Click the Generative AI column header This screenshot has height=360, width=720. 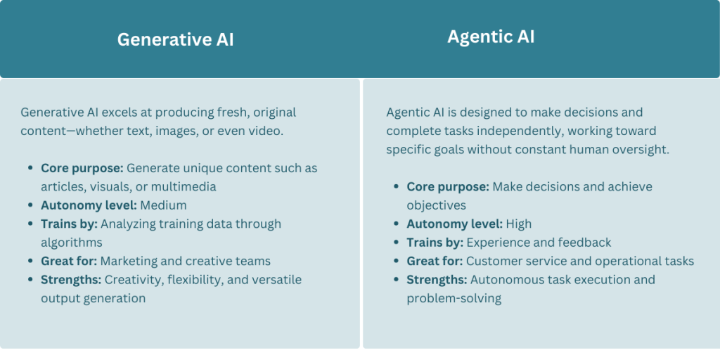click(x=175, y=40)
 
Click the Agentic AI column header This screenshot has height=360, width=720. click(x=491, y=37)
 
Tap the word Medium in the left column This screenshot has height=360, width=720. click(x=164, y=205)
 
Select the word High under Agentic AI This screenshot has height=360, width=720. click(x=518, y=224)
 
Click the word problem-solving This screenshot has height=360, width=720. click(x=454, y=298)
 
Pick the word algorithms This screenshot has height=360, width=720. click(x=71, y=243)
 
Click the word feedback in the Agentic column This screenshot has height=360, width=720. click(x=585, y=243)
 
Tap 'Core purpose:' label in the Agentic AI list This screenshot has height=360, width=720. click(x=447, y=187)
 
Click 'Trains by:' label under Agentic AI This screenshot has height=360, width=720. click(x=435, y=243)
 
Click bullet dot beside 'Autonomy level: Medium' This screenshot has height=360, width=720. click(x=30, y=206)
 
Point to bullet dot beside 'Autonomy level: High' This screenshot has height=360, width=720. click(x=396, y=224)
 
